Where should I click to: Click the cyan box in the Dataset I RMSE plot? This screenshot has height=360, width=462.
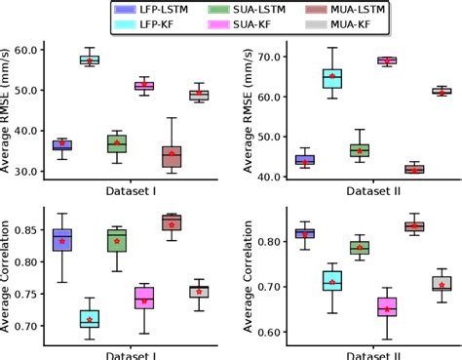(90, 60)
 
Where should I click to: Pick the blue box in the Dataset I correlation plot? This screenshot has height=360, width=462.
(62, 240)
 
